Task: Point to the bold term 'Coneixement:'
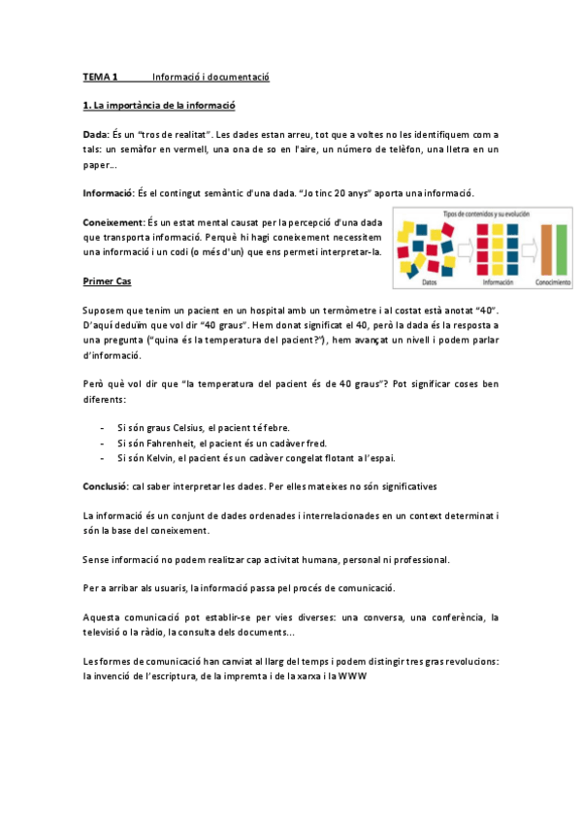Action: pos(114,222)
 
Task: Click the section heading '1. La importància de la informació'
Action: pos(160,105)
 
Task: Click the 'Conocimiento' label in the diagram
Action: pos(553,282)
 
